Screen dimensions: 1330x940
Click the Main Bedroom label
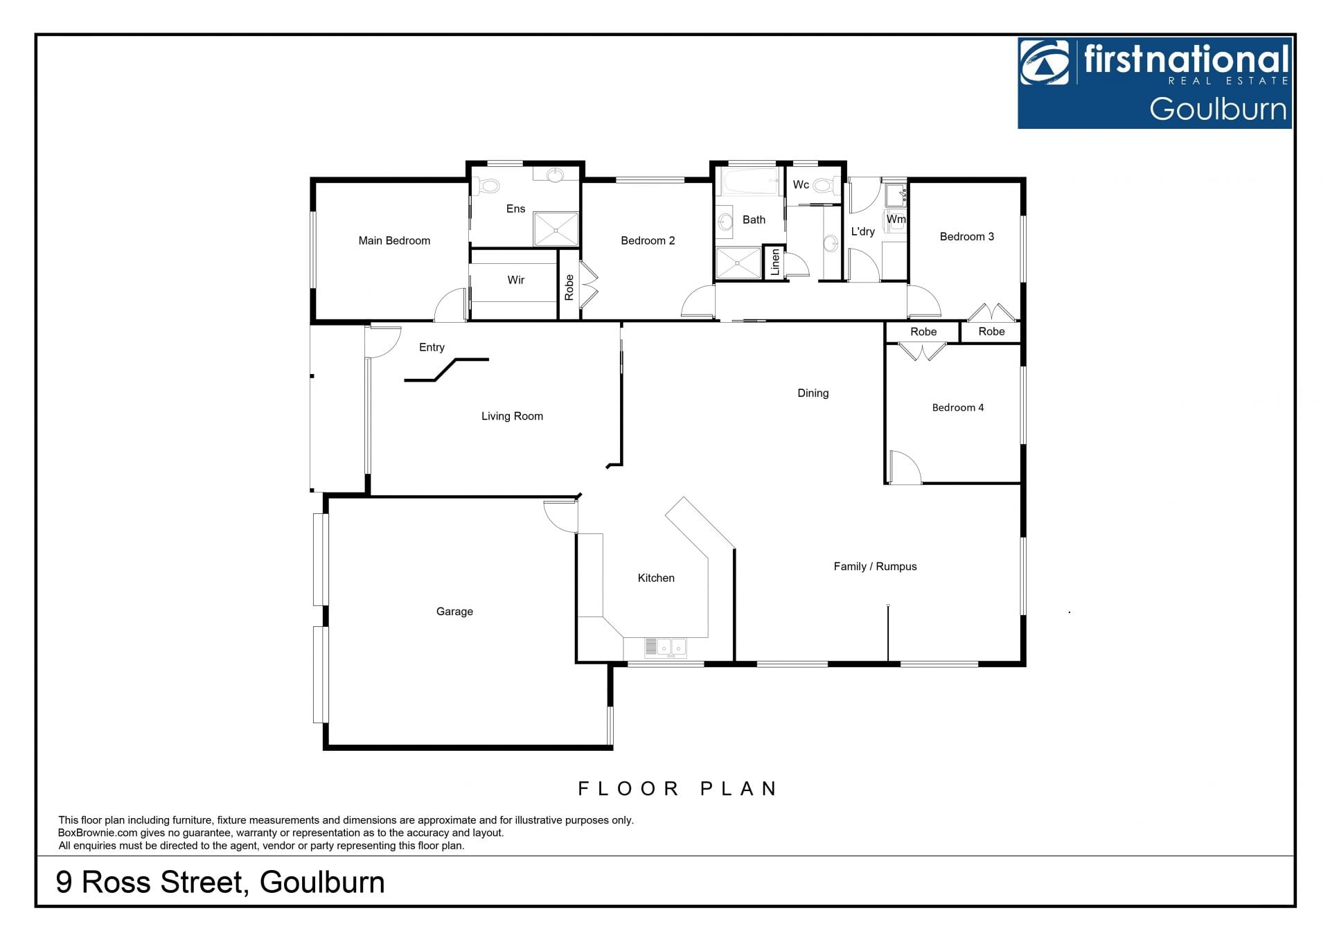pos(394,240)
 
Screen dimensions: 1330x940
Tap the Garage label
pos(454,611)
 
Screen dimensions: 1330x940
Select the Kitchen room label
pos(656,578)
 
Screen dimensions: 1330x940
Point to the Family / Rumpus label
pos(875,566)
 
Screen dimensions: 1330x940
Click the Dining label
pos(813,393)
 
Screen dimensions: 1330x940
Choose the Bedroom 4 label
pos(958,407)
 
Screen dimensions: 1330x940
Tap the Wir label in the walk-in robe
pos(515,280)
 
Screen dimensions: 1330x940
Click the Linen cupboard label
pos(775,262)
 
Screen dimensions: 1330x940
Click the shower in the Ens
pos(556,229)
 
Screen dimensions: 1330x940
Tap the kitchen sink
pos(665,647)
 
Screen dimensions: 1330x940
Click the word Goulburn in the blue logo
pos(1218,109)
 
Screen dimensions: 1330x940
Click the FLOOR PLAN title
pos(677,788)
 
